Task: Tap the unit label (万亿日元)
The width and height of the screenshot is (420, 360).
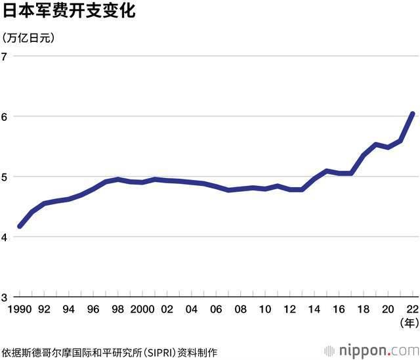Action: pyautogui.click(x=30, y=37)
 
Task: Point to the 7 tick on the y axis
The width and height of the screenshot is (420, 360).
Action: pyautogui.click(x=5, y=56)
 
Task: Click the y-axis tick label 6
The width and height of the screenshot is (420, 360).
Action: pyautogui.click(x=5, y=117)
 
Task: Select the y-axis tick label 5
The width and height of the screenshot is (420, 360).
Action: pyautogui.click(x=5, y=177)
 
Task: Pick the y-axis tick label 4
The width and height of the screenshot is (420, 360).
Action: pyautogui.click(x=5, y=237)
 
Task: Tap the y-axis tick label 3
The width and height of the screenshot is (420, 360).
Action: pyautogui.click(x=5, y=298)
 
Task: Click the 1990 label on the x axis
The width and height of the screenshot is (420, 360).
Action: pyautogui.click(x=20, y=309)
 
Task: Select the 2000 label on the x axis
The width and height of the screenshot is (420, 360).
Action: pyautogui.click(x=142, y=309)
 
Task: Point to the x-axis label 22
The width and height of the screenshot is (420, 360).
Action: pyautogui.click(x=412, y=309)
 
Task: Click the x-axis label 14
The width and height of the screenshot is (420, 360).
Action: pyautogui.click(x=314, y=309)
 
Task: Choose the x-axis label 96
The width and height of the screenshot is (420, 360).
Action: pyautogui.click(x=93, y=309)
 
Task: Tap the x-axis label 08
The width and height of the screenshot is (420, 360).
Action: pyautogui.click(x=240, y=309)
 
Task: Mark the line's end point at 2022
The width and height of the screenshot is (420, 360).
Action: pyautogui.click(x=412, y=114)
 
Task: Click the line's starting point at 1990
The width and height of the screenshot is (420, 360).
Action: pyautogui.click(x=20, y=226)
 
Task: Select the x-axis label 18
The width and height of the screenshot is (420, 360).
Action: pyautogui.click(x=363, y=309)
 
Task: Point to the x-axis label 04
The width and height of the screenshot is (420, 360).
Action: pyautogui.click(x=191, y=309)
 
